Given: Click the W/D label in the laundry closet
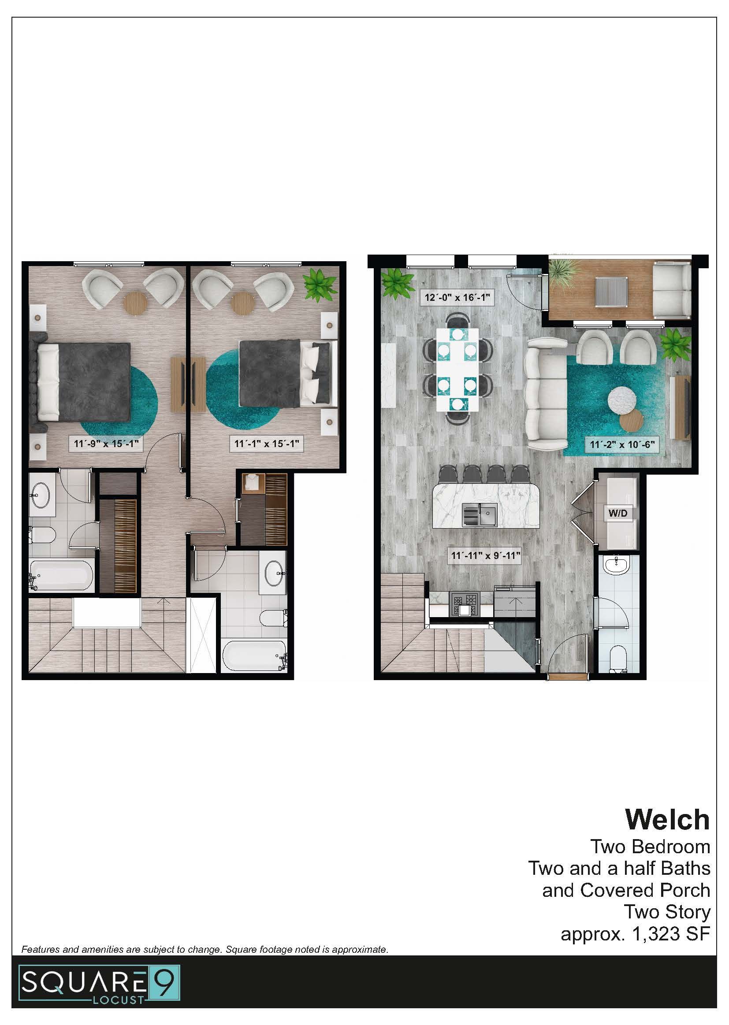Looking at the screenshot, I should click(x=618, y=513).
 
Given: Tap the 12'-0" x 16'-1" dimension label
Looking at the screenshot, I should click(x=457, y=297).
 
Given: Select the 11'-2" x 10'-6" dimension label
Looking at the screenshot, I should click(x=622, y=444).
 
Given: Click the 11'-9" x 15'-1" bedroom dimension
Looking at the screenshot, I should click(x=106, y=444).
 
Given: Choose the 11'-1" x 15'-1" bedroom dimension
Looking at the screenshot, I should click(x=267, y=444).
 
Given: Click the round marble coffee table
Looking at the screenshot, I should click(x=625, y=398).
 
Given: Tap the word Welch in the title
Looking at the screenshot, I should click(x=667, y=819).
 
